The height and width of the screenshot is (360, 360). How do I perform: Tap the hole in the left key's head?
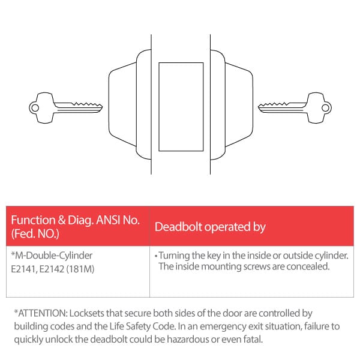pos(34,109)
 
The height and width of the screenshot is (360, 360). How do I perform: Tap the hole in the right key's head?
pos(325,109)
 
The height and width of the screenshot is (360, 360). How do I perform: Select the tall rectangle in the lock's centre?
pos(180,106)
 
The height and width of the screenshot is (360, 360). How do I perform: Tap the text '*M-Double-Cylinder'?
pos(52,255)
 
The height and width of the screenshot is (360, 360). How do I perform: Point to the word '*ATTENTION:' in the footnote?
pos(40,313)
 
